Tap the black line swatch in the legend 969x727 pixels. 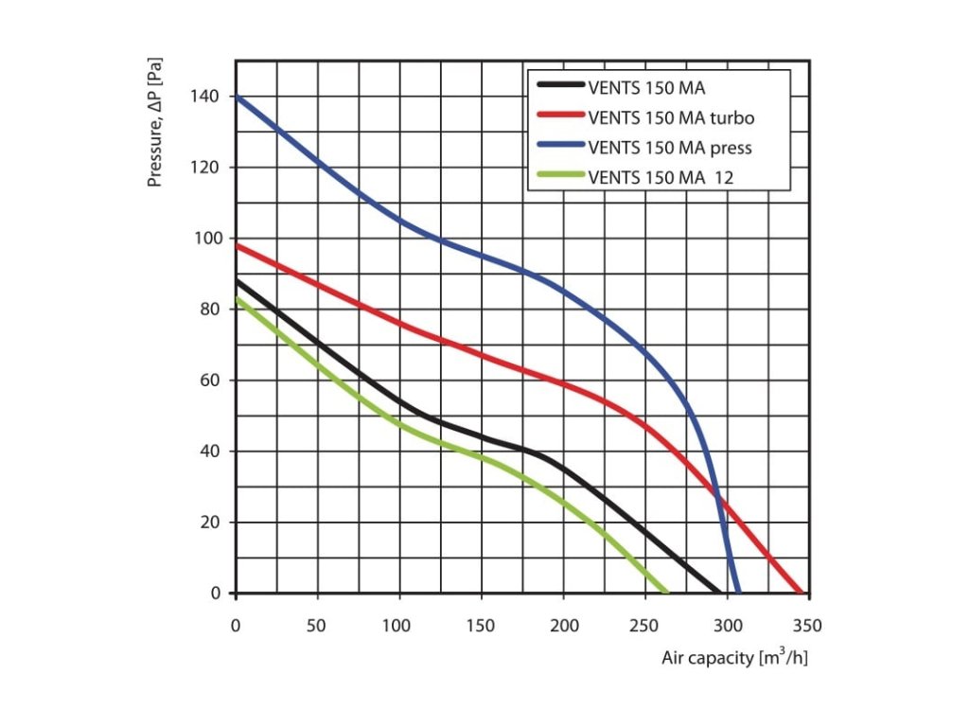(559, 90)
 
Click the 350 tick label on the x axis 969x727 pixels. (809, 625)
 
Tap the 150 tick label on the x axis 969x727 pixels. (482, 625)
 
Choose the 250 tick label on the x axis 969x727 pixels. (645, 625)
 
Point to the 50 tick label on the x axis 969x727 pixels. (318, 625)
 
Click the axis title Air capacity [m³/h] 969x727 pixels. (734, 658)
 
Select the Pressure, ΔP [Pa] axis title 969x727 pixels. (157, 122)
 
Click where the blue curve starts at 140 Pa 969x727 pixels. (237, 97)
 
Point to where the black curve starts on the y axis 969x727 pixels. (237, 281)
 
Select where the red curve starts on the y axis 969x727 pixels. (237, 245)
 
